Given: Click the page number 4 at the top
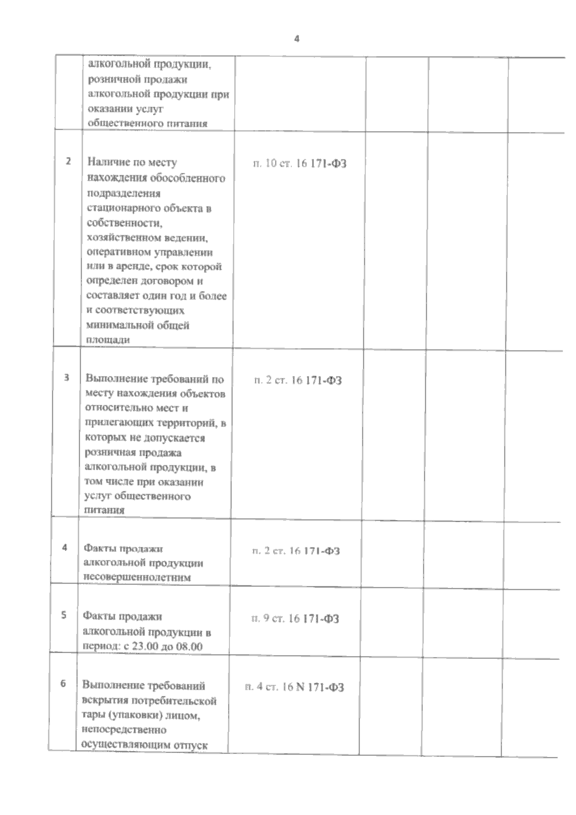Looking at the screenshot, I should click(x=296, y=39).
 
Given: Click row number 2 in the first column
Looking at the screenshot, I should click(x=69, y=161).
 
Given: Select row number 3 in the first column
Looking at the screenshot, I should click(x=67, y=377).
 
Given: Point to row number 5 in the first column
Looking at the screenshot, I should click(x=64, y=615).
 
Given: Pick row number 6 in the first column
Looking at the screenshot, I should click(x=63, y=683).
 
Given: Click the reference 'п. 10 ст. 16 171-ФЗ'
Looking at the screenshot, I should click(x=300, y=164).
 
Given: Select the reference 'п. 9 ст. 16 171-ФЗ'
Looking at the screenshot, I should click(x=295, y=619).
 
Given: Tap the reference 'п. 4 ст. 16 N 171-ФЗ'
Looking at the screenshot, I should click(x=294, y=687).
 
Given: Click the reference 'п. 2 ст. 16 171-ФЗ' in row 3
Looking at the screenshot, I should click(x=298, y=381).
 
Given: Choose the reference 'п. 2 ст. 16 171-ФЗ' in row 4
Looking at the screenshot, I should click(x=296, y=551).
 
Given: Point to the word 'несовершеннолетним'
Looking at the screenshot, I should click(x=137, y=578).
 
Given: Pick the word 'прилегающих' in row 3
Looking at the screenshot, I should click(x=114, y=423).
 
